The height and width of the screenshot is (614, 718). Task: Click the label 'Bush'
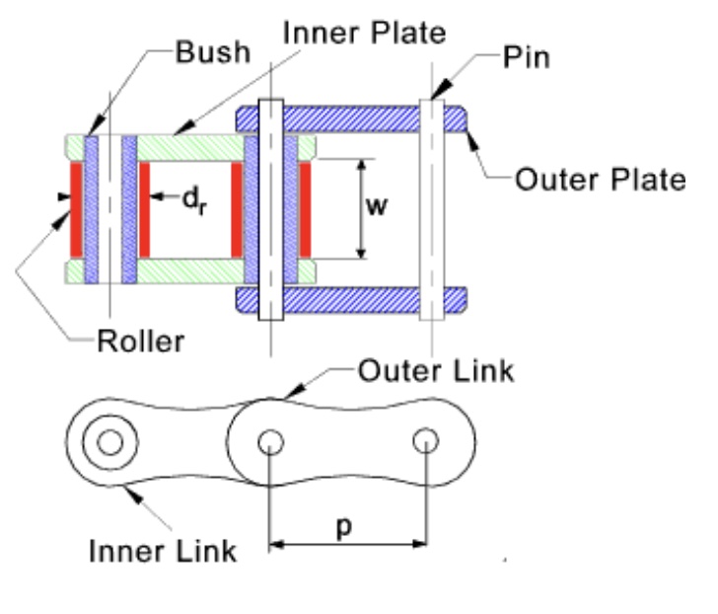click(211, 51)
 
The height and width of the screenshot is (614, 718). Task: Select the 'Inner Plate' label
click(365, 33)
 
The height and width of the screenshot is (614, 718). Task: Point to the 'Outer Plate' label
click(601, 181)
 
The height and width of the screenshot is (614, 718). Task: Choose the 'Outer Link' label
click(435, 371)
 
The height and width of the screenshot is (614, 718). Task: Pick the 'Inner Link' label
click(164, 549)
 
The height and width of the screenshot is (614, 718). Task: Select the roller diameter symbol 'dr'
click(194, 200)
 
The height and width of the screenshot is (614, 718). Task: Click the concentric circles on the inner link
click(109, 441)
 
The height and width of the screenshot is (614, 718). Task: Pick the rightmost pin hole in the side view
click(425, 439)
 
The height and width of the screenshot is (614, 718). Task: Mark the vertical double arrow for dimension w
click(362, 208)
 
